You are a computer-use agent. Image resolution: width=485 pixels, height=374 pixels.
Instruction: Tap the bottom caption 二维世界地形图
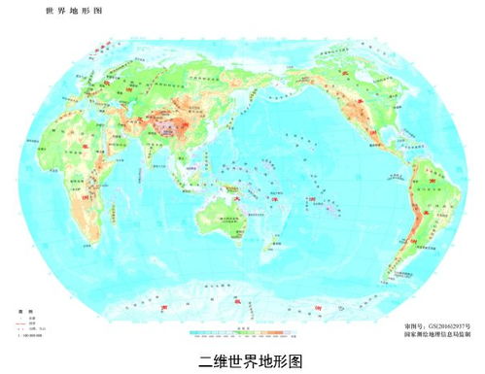click(x=243, y=360)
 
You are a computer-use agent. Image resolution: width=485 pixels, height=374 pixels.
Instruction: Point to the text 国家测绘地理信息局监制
click(x=436, y=332)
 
